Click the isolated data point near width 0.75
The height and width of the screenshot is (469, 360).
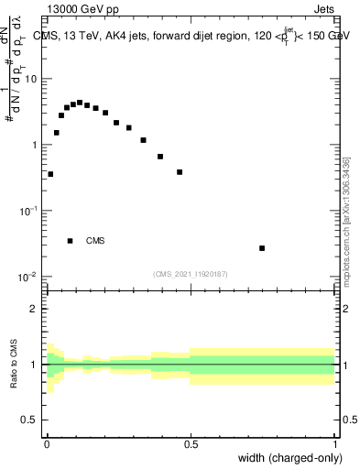pyautogui.click(x=262, y=248)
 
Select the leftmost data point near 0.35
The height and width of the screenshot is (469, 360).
pyautogui.click(x=50, y=174)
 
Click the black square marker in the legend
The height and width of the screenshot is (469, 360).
pyautogui.click(x=70, y=241)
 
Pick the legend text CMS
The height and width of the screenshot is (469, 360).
pyautogui.click(x=95, y=242)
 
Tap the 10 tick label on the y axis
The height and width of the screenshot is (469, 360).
pyautogui.click(x=30, y=79)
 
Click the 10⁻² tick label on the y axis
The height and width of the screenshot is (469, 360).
pyautogui.click(x=27, y=276)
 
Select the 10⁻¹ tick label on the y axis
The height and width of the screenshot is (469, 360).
pyautogui.click(x=27, y=210)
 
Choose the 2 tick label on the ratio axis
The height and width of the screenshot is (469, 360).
pyautogui.click(x=35, y=309)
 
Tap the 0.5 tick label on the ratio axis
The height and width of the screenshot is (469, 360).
pyautogui.click(x=30, y=420)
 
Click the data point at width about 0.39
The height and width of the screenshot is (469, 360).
pyautogui.click(x=160, y=157)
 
